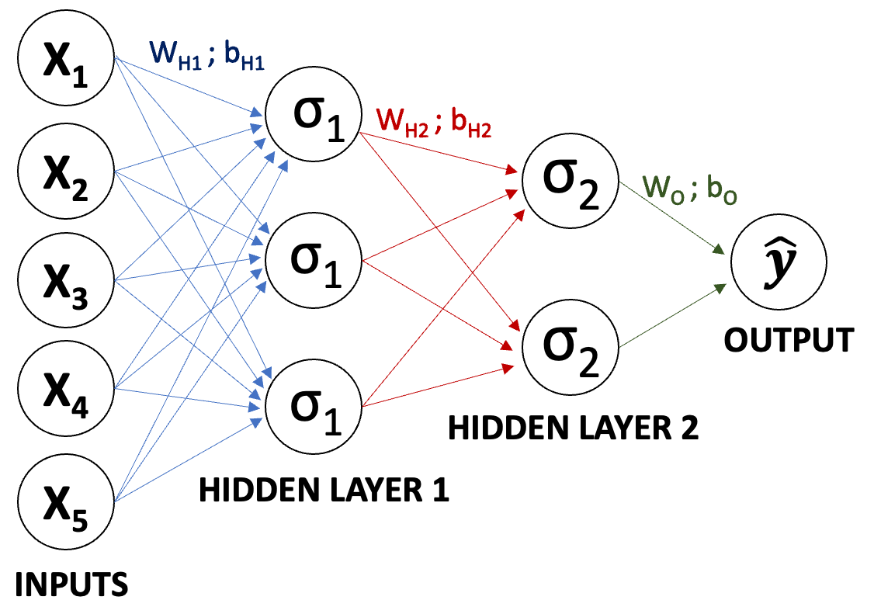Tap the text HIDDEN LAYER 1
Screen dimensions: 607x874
pyautogui.click(x=324, y=491)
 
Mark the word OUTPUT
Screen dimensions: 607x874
pyautogui.click(x=789, y=341)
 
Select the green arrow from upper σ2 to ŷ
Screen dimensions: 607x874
pyautogui.click(x=674, y=220)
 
